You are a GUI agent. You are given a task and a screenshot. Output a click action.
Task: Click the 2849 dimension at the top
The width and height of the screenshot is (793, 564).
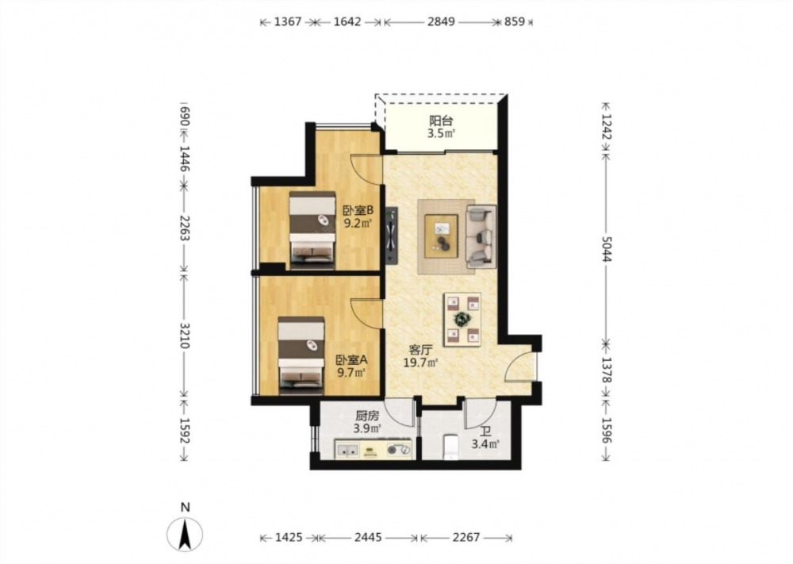pos(441,21)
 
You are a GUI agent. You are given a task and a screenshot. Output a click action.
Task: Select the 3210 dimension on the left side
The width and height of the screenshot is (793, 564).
pos(184,336)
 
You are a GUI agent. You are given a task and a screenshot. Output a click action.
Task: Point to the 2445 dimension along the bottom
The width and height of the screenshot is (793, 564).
pos(368,537)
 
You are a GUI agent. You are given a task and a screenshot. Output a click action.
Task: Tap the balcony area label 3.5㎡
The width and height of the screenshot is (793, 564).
pos(441,133)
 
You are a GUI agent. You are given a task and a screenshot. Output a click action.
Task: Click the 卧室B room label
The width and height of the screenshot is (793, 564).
pos(358,210)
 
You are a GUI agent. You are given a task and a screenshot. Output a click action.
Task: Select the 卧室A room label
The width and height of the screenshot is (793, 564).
pos(352,360)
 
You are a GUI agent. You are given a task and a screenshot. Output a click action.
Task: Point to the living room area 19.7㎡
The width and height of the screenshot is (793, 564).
pos(420,363)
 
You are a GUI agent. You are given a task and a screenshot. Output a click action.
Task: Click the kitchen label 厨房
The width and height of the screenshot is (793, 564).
pos(366,416)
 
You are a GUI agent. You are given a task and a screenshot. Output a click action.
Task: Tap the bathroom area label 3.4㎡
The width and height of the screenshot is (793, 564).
pos(485,445)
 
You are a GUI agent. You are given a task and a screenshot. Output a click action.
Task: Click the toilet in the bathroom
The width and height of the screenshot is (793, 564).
pos(450,447)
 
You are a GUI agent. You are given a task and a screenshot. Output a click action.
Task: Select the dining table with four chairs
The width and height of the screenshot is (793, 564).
pos(462,319)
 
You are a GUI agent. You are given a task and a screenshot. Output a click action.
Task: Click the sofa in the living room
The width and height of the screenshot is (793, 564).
pos(481,236)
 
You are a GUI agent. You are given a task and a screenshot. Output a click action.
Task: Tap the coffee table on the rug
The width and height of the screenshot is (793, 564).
pos(441,236)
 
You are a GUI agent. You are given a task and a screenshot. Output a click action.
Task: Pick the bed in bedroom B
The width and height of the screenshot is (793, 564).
pos(312,230)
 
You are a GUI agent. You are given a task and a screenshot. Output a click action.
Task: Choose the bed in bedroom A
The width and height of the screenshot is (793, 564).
pos(301,355)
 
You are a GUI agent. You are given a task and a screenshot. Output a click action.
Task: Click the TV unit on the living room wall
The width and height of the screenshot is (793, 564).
pos(392,236)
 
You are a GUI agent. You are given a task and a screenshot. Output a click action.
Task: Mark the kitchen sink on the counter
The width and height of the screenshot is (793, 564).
pos(347,450)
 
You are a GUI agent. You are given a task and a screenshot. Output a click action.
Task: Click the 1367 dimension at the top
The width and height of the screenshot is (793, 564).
pos(288,21)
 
